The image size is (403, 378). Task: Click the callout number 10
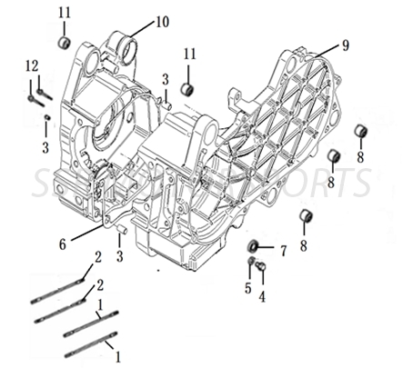pos(161,21)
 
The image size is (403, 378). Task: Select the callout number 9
pos(345,45)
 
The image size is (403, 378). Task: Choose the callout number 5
pos(247,289)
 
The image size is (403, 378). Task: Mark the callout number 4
pos(262,295)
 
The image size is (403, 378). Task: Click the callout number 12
pos(32,65)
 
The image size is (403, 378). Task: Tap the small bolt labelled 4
pos(259,267)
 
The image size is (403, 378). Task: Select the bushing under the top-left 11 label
pos(64,43)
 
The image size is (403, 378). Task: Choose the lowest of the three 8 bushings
pos(307,217)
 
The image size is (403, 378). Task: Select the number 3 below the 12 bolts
pos(46,147)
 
